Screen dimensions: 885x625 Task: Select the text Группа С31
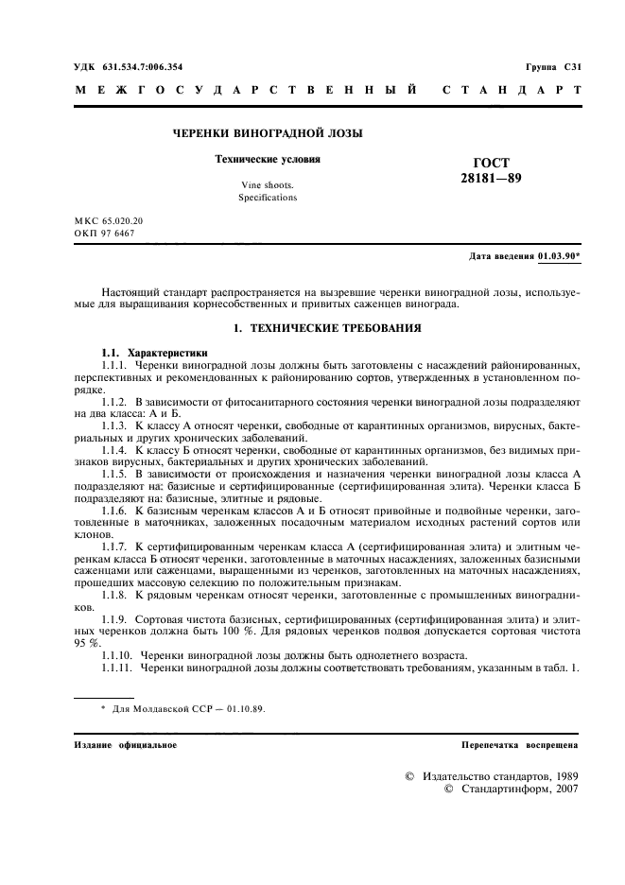pyautogui.click(x=553, y=65)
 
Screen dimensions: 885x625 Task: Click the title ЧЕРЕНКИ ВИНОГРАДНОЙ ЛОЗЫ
pyautogui.click(x=267, y=134)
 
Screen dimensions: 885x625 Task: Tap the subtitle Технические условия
pyautogui.click(x=268, y=160)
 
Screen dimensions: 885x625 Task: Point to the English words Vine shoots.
pyautogui.click(x=267, y=185)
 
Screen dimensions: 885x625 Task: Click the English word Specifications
pyautogui.click(x=268, y=198)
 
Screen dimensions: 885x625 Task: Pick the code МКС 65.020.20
pyautogui.click(x=109, y=220)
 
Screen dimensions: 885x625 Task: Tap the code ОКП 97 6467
pyautogui.click(x=104, y=233)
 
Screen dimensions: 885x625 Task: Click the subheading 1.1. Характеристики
pyautogui.click(x=155, y=352)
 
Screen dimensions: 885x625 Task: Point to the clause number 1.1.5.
pyautogui.click(x=114, y=472)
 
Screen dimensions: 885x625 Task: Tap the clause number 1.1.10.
pyautogui.click(x=117, y=655)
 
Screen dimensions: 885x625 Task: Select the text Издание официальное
pyautogui.click(x=125, y=745)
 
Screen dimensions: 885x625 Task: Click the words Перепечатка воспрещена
pyautogui.click(x=520, y=745)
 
